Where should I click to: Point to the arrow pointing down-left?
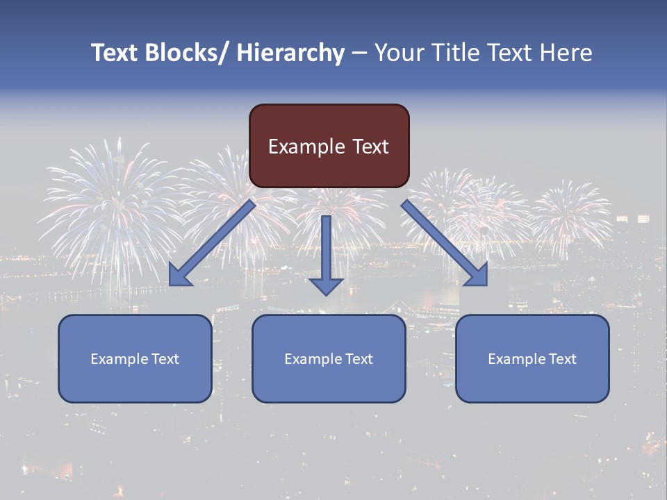(x=212, y=243)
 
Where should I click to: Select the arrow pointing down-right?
(x=445, y=243)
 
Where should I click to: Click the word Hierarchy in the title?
(x=290, y=53)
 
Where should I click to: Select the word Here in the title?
(x=567, y=53)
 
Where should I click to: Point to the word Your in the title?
(x=399, y=53)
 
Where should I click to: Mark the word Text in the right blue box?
(x=562, y=359)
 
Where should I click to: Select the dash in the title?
(x=359, y=53)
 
